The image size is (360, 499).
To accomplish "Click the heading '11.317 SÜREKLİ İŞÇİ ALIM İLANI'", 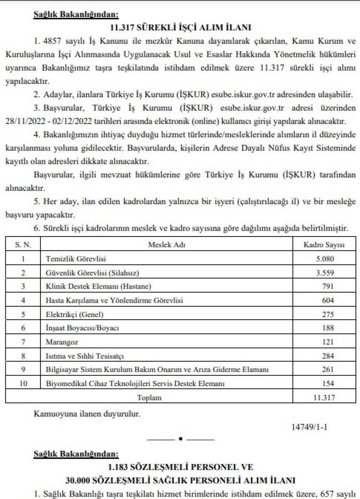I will point(180,28).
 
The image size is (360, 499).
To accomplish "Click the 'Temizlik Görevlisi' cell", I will point(76,259).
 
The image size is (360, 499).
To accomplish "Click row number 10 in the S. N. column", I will point(23,382).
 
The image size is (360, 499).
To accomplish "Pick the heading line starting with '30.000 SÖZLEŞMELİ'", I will point(180,480).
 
